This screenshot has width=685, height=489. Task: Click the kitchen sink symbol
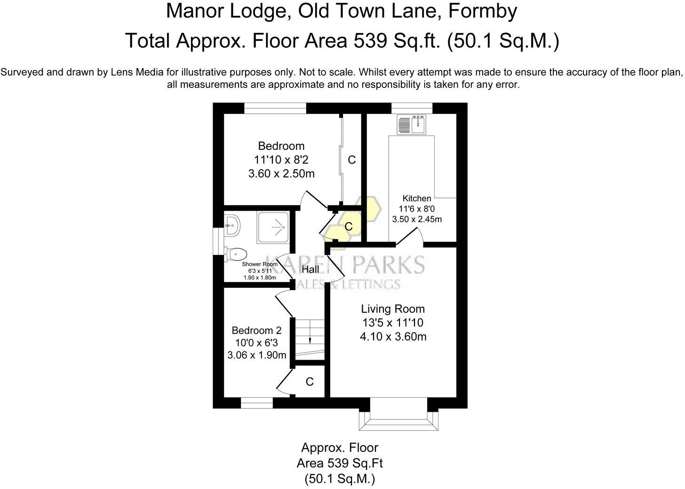(x=412, y=125)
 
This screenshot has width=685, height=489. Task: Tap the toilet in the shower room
(x=236, y=254)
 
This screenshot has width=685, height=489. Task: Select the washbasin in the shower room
(x=232, y=226)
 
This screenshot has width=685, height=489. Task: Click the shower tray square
(x=273, y=228)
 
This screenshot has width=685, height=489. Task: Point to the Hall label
(x=310, y=269)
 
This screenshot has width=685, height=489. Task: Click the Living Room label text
(x=393, y=309)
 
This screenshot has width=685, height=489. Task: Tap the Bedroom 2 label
(x=256, y=331)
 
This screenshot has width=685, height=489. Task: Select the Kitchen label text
(x=416, y=198)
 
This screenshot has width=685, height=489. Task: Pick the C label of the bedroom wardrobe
(x=351, y=160)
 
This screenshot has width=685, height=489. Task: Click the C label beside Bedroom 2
(x=310, y=382)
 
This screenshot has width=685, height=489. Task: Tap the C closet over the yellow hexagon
(x=349, y=227)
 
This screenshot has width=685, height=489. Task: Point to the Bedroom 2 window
(x=257, y=403)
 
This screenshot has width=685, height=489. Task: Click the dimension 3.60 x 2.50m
(x=281, y=174)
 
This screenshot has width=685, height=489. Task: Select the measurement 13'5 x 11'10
(x=393, y=323)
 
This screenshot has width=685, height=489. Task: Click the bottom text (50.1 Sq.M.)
(x=340, y=479)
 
